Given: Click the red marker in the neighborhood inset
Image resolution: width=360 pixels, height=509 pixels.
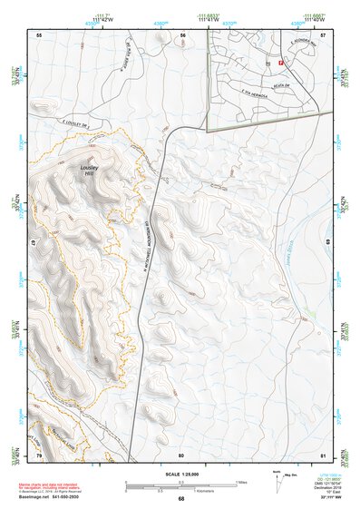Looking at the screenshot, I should coord(281,63).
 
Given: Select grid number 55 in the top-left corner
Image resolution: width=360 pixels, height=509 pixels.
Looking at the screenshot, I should coord(39,34).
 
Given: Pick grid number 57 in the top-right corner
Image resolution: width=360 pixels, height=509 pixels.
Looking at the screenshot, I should coord(324,34).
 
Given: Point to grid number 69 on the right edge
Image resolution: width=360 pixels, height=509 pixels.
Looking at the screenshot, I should coord(327,243).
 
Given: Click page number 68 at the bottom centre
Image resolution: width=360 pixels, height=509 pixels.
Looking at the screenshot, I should coord(181,498).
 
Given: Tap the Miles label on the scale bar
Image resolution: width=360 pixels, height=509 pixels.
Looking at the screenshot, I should coord(240,481).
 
